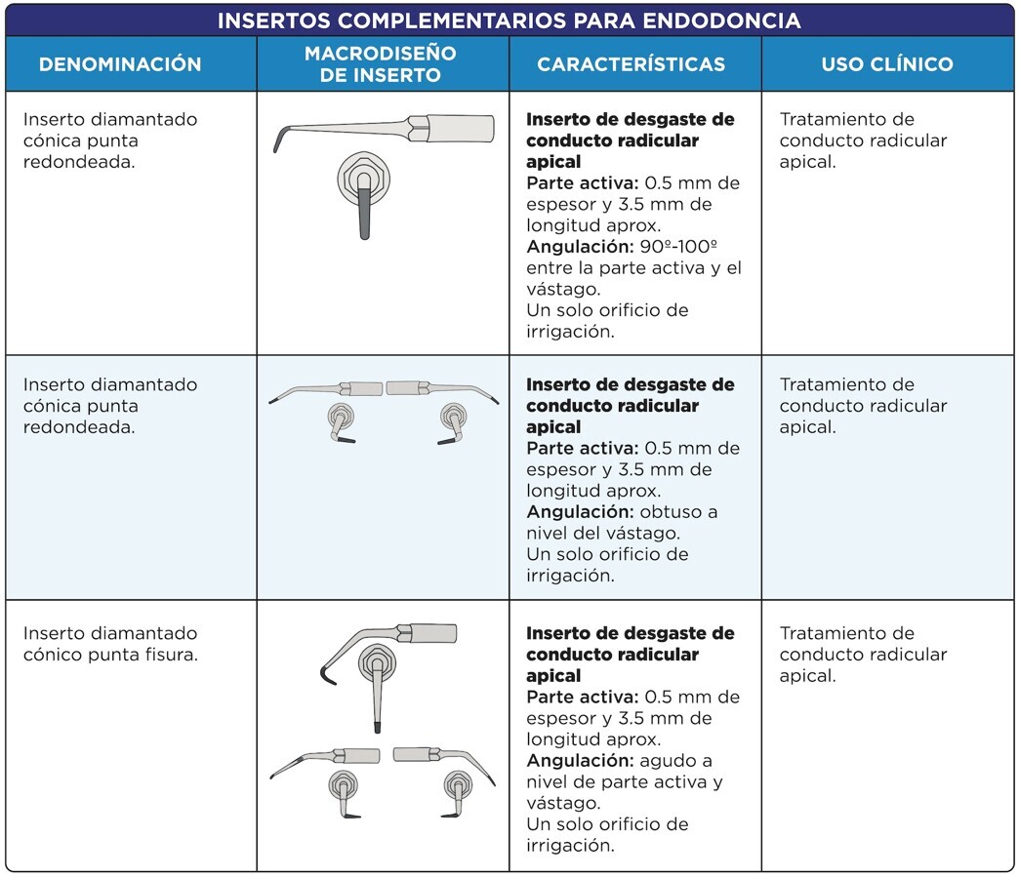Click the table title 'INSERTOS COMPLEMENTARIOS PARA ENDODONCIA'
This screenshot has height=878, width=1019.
pyautogui.click(x=509, y=20)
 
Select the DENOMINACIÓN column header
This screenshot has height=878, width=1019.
pyautogui.click(x=120, y=64)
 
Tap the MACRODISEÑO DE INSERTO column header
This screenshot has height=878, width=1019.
pyautogui.click(x=381, y=64)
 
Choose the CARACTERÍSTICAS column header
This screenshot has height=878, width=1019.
pyautogui.click(x=632, y=64)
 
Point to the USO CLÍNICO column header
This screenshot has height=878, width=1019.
pyautogui.click(x=887, y=64)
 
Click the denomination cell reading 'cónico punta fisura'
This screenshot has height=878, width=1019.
pyautogui.click(x=110, y=655)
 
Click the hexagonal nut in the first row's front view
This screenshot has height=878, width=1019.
pyautogui.click(x=358, y=177)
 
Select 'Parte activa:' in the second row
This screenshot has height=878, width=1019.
pyautogui.click(x=581, y=449)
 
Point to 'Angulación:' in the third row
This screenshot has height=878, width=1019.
pyautogui.click(x=574, y=761)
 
